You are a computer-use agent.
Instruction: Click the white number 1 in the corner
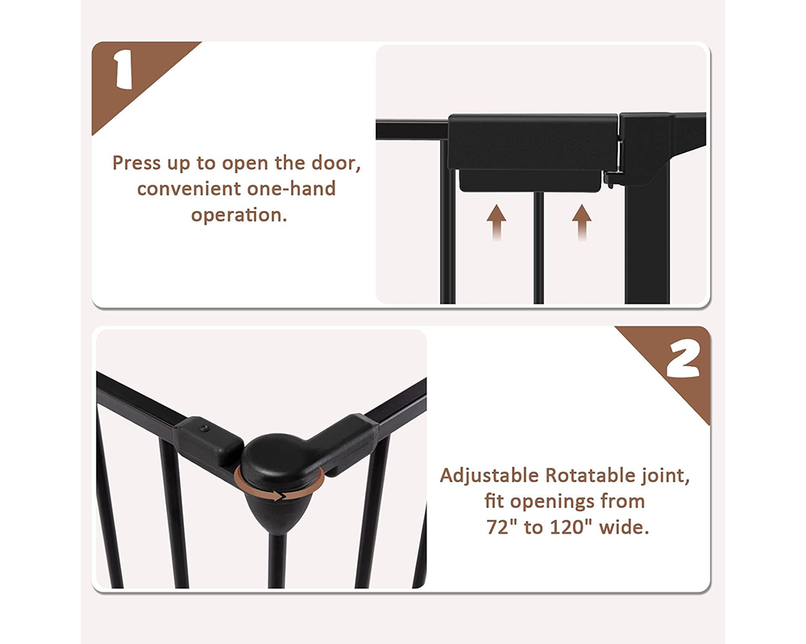(123, 68)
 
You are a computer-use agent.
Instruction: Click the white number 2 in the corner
(683, 359)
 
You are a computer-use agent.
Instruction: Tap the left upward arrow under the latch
(496, 222)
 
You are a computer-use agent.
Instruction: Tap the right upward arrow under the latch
(581, 222)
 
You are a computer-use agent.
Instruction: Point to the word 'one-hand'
(291, 189)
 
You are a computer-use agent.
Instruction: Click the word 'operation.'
(239, 215)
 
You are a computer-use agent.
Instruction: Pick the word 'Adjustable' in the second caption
(489, 476)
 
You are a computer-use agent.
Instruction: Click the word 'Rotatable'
(590, 476)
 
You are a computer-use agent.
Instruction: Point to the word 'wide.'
(624, 527)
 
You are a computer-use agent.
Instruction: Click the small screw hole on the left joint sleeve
(205, 427)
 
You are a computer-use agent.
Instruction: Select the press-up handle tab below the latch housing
(530, 181)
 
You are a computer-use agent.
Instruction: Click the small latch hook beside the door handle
(611, 179)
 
